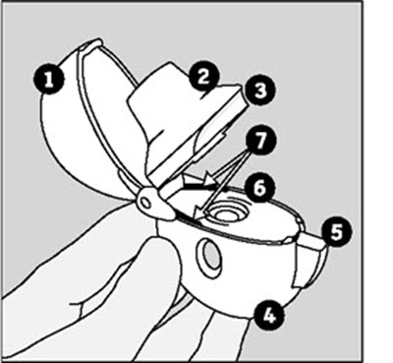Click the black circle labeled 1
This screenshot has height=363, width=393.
(49, 79)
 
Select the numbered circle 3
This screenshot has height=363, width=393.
(260, 90)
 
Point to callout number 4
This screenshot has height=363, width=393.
(268, 317)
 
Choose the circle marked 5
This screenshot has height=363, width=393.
(336, 232)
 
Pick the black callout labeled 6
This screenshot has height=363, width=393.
(259, 188)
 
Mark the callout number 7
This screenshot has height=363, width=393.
(260, 141)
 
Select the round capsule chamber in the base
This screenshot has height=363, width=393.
(227, 214)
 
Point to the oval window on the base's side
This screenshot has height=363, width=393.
(208, 258)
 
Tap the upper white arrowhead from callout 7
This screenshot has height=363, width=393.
(209, 179)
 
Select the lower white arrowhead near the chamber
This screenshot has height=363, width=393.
(198, 215)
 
